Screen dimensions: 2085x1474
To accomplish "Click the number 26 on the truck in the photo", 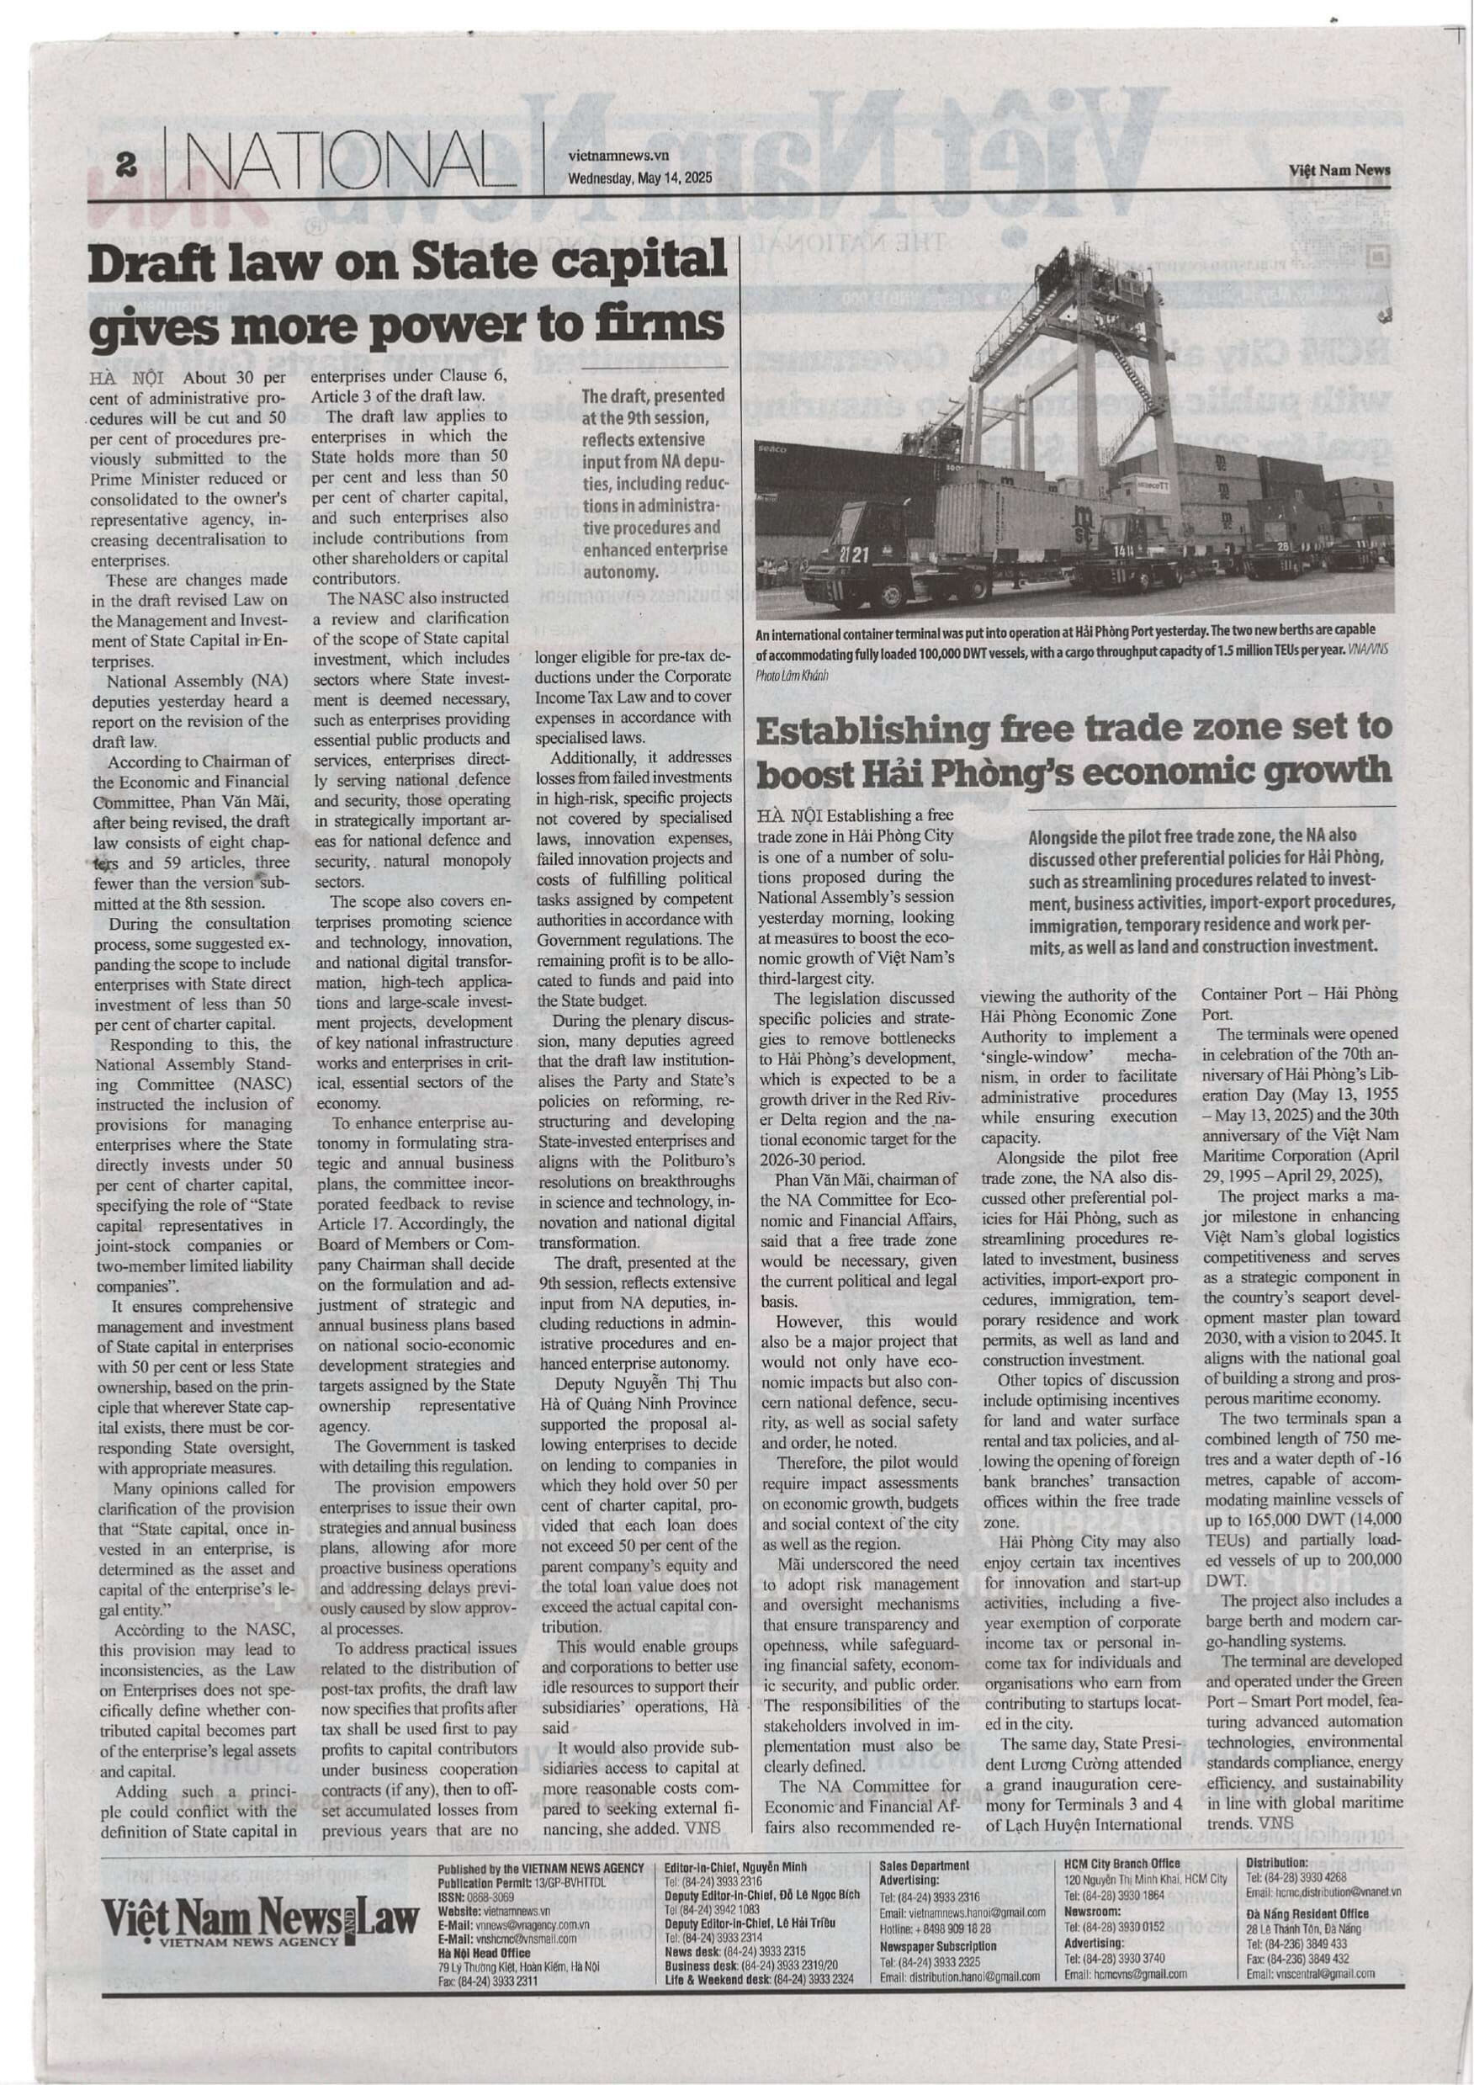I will [1283, 547].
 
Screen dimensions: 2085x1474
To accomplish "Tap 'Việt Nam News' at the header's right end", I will [1339, 170].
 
